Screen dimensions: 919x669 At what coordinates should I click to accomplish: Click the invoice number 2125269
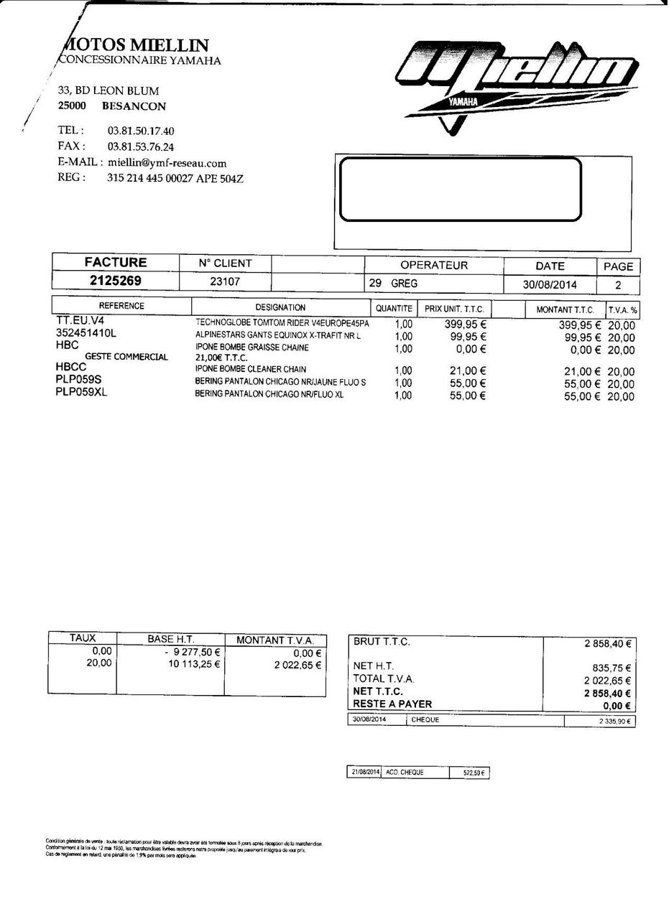[x=115, y=281]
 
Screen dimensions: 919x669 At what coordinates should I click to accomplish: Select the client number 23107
[x=225, y=281]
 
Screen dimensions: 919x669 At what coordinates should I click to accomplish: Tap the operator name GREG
[x=404, y=284]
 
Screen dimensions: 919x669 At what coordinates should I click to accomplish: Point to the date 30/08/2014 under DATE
[x=550, y=284]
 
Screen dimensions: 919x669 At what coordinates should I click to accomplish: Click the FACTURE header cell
[x=115, y=262]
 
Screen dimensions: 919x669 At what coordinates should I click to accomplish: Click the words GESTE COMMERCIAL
[x=126, y=356]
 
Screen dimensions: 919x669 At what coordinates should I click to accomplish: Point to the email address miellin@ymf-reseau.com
[x=167, y=163]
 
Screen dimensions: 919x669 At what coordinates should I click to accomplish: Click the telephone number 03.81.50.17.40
[x=141, y=131]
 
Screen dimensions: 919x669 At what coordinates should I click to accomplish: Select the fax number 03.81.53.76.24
[x=141, y=147]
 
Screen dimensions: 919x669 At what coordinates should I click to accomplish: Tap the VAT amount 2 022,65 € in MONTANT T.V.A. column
[x=297, y=665]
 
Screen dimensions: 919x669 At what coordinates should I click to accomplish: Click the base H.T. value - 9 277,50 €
[x=192, y=652]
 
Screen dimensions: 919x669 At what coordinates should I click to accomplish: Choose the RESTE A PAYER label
[x=392, y=704]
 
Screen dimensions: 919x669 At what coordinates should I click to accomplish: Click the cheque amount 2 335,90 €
[x=614, y=721]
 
